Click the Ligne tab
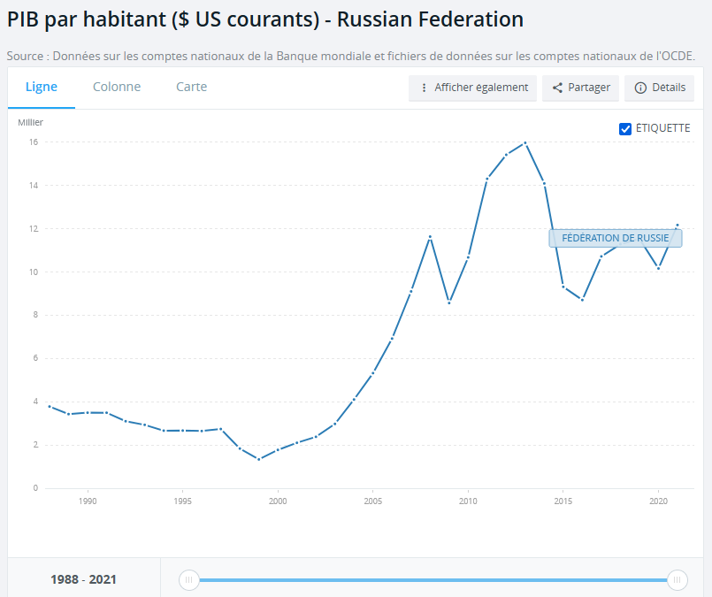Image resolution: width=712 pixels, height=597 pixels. [x=42, y=87]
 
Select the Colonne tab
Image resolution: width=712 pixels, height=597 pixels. [x=117, y=87]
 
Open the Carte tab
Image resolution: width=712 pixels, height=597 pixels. [x=191, y=87]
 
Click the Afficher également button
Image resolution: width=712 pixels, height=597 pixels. [x=473, y=88]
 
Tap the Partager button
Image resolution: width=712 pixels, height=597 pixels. [x=580, y=88]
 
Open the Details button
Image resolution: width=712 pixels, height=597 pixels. [x=660, y=88]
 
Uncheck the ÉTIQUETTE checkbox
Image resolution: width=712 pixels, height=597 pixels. [x=625, y=128]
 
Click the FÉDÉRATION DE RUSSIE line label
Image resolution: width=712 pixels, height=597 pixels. [x=616, y=238]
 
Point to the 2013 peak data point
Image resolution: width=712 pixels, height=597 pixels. [x=525, y=142]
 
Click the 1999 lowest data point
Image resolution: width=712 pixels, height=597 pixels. [x=259, y=459]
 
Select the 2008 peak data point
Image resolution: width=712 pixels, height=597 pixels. [x=430, y=237]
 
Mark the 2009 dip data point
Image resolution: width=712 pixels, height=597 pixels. [x=449, y=302]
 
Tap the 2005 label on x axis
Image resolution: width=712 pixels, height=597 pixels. [x=372, y=501]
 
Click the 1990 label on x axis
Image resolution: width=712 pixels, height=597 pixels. [x=88, y=501]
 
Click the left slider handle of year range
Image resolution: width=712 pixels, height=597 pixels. [x=188, y=580]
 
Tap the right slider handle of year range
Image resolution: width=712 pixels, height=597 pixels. [x=678, y=580]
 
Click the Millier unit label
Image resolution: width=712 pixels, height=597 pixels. [x=30, y=122]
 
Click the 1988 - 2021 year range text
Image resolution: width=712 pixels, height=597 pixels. [x=83, y=580]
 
